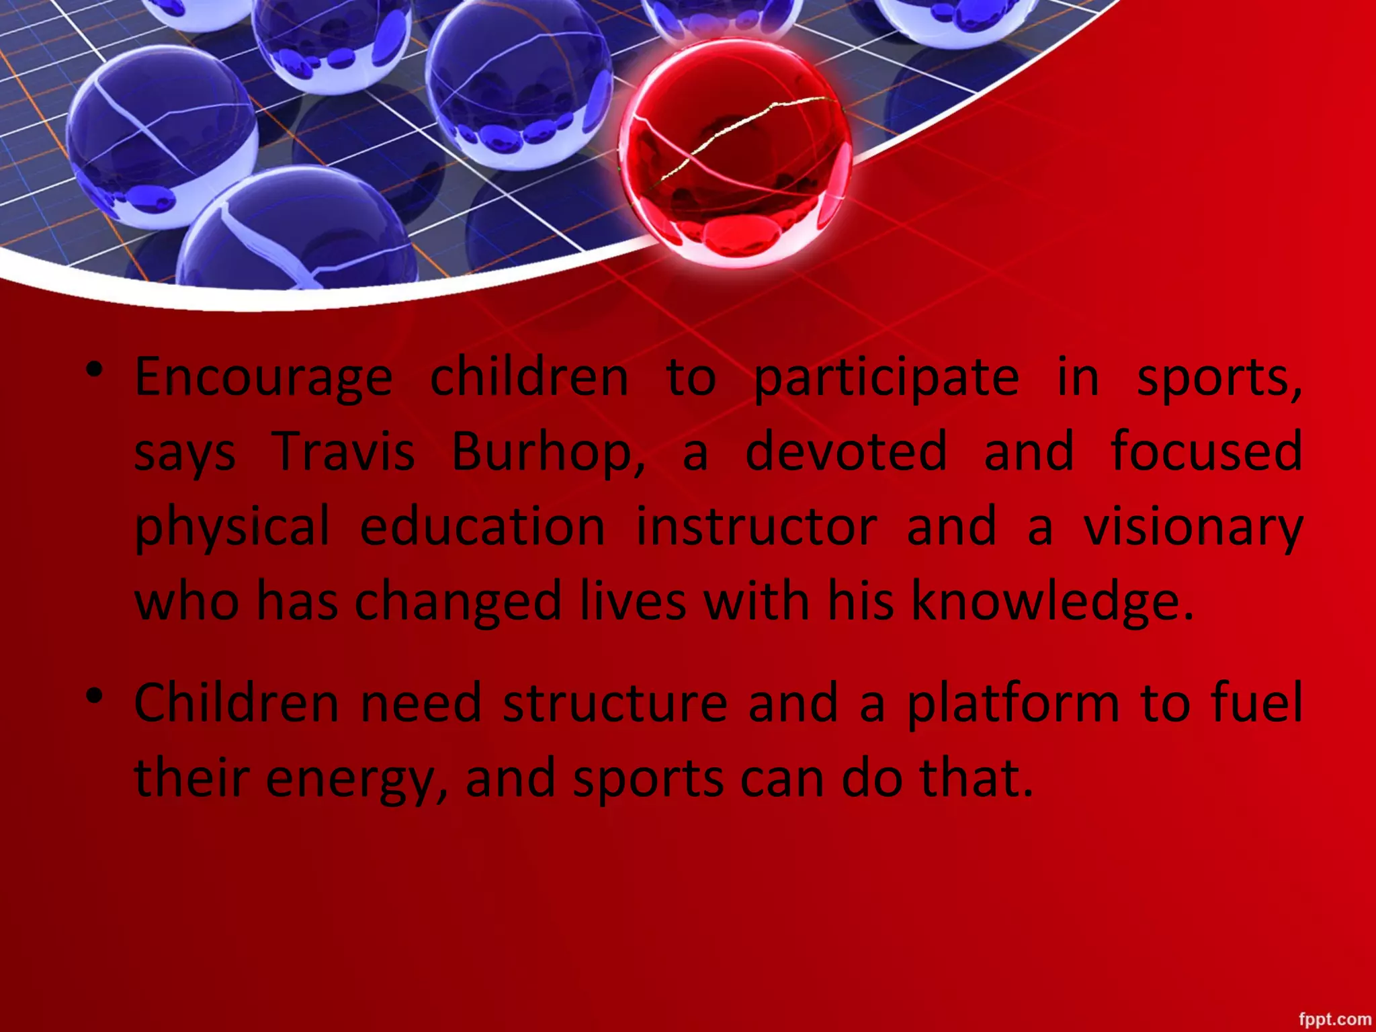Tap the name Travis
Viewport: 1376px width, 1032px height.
pos(343,452)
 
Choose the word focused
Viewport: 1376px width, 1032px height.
pos(1207,452)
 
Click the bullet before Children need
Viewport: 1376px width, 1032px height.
pos(95,695)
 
